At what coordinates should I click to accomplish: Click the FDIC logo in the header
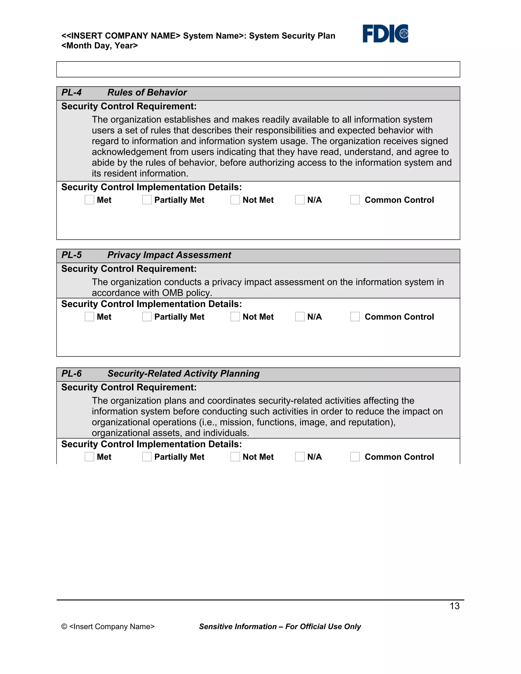tap(385, 33)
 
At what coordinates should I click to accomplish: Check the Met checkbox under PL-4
tap(89, 200)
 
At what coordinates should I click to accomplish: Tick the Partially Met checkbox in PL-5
tap(147, 317)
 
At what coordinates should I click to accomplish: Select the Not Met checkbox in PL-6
tap(235, 457)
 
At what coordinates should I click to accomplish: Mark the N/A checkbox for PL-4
tap(300, 200)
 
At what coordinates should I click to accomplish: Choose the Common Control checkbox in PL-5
tap(355, 317)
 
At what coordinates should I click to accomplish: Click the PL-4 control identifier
tap(71, 93)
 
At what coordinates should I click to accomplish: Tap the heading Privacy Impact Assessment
tap(169, 255)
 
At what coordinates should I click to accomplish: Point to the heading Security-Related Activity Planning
tap(183, 374)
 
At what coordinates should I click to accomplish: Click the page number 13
tap(454, 606)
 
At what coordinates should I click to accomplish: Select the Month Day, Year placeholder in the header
tap(99, 46)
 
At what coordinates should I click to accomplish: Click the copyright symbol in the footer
tap(64, 626)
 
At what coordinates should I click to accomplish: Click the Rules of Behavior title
tap(147, 93)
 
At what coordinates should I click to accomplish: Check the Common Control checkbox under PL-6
tap(355, 457)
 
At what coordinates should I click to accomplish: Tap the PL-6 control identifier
tap(71, 374)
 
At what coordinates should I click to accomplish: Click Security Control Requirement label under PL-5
tap(129, 269)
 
